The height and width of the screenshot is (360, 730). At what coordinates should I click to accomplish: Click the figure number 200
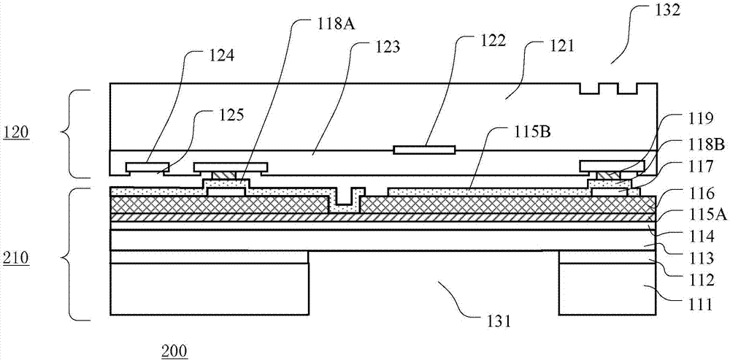174,351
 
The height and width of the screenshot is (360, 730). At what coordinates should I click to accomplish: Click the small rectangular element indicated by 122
424,150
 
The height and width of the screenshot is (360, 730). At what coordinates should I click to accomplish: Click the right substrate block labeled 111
608,288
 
